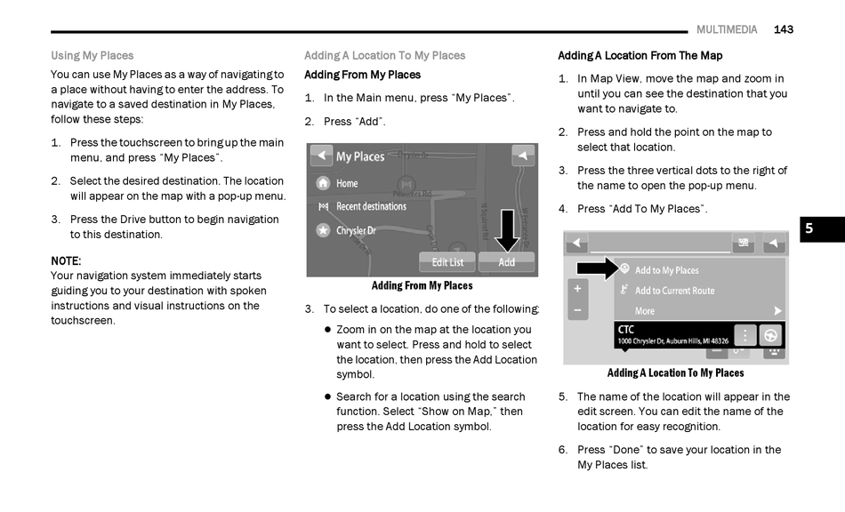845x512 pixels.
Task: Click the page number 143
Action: pos(783,29)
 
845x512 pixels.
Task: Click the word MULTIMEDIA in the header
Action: pos(727,29)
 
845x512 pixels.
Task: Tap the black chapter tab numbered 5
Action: pos(809,228)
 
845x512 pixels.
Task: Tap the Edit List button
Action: pos(447,262)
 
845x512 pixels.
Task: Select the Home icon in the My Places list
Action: pos(323,183)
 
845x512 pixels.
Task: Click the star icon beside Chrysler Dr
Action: pos(323,230)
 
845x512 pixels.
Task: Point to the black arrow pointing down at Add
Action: pos(507,230)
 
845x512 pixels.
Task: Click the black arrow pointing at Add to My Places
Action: pos(596,268)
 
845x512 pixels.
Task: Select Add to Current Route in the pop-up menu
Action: pos(674,291)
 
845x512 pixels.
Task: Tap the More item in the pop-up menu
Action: pos(645,311)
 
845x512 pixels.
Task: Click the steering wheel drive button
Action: pos(770,335)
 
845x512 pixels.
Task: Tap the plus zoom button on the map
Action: pos(577,289)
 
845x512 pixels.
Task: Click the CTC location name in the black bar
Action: pos(626,329)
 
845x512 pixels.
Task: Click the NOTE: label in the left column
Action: pos(66,260)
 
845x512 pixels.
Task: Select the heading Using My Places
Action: pos(93,55)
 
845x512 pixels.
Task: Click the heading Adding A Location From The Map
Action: pos(640,55)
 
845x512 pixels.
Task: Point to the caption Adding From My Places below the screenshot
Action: pos(422,285)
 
